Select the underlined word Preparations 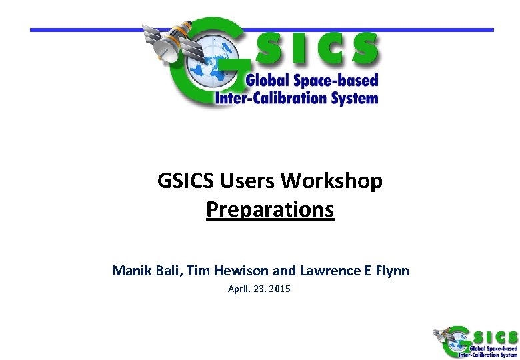(270, 209)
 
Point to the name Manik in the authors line (130, 271)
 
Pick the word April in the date (238, 289)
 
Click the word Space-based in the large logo (337, 81)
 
